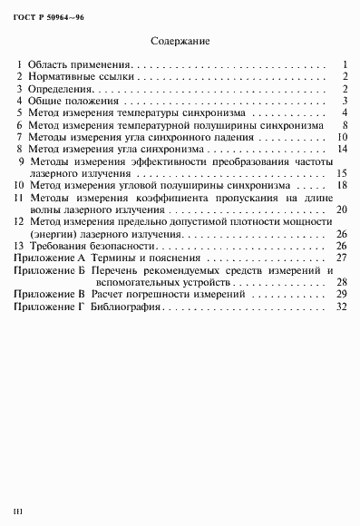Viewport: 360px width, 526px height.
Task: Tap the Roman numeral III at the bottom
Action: [17, 512]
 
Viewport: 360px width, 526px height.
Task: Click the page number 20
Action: [342, 209]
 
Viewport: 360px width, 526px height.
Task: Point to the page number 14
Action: [342, 148]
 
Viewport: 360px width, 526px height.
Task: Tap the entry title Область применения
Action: [80, 65]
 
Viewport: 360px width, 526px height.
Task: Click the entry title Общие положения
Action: [72, 101]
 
